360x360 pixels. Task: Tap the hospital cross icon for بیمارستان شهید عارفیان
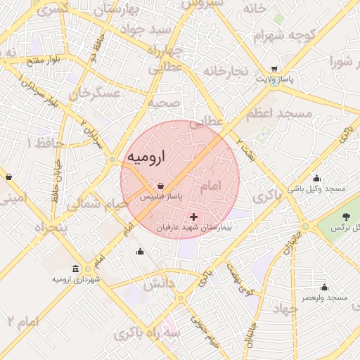click(x=194, y=217)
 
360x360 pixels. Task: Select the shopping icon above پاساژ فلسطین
click(x=162, y=186)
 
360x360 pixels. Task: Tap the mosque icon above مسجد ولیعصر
click(x=324, y=287)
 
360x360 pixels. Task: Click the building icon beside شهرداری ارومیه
click(x=75, y=269)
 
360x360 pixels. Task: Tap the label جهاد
click(x=285, y=309)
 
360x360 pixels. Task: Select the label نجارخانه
click(x=226, y=71)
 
